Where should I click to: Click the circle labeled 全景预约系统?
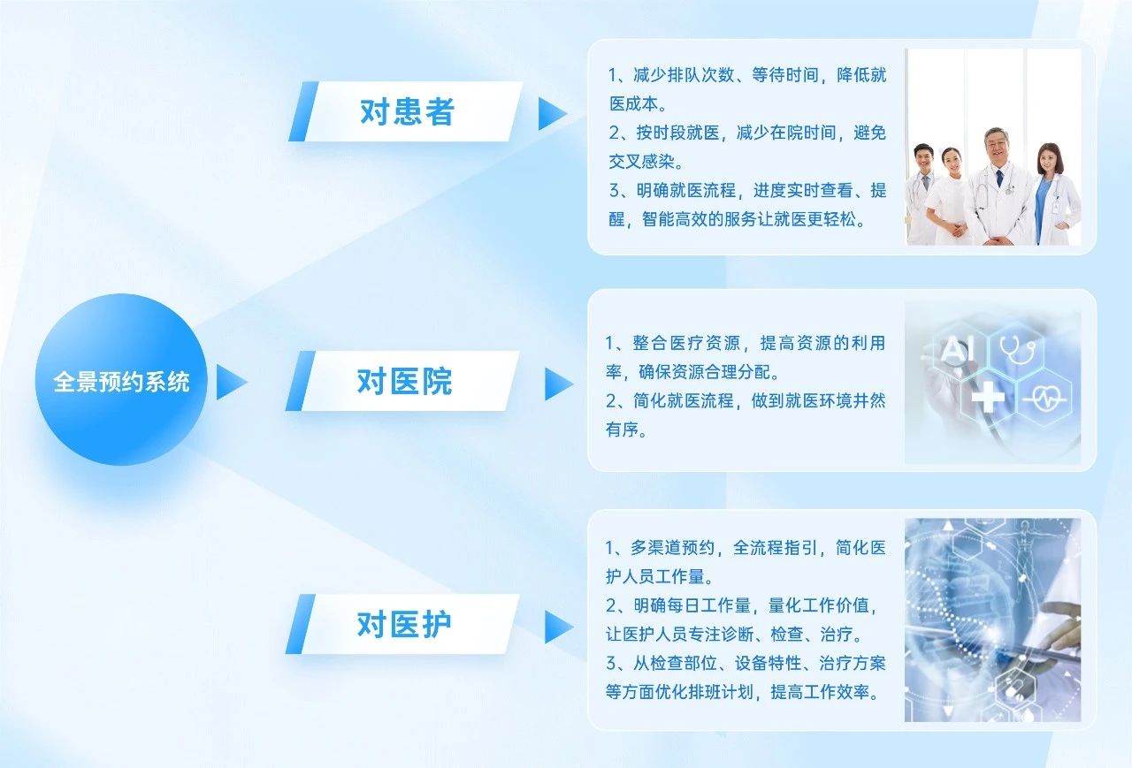tap(121, 380)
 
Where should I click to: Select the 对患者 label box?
tap(406, 111)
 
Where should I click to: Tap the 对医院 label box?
tap(402, 381)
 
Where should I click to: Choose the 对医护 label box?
tap(402, 624)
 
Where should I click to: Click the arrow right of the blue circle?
tap(230, 383)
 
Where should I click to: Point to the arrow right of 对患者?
tap(551, 114)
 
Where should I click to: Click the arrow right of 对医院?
tap(557, 384)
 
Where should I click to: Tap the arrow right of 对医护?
tap(557, 627)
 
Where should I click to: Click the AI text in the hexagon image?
tap(956, 348)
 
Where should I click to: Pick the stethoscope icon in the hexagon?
tap(1017, 348)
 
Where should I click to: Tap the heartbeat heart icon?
tap(1046, 399)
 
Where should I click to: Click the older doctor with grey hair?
tap(997, 186)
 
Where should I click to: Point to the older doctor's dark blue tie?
tap(999, 179)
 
